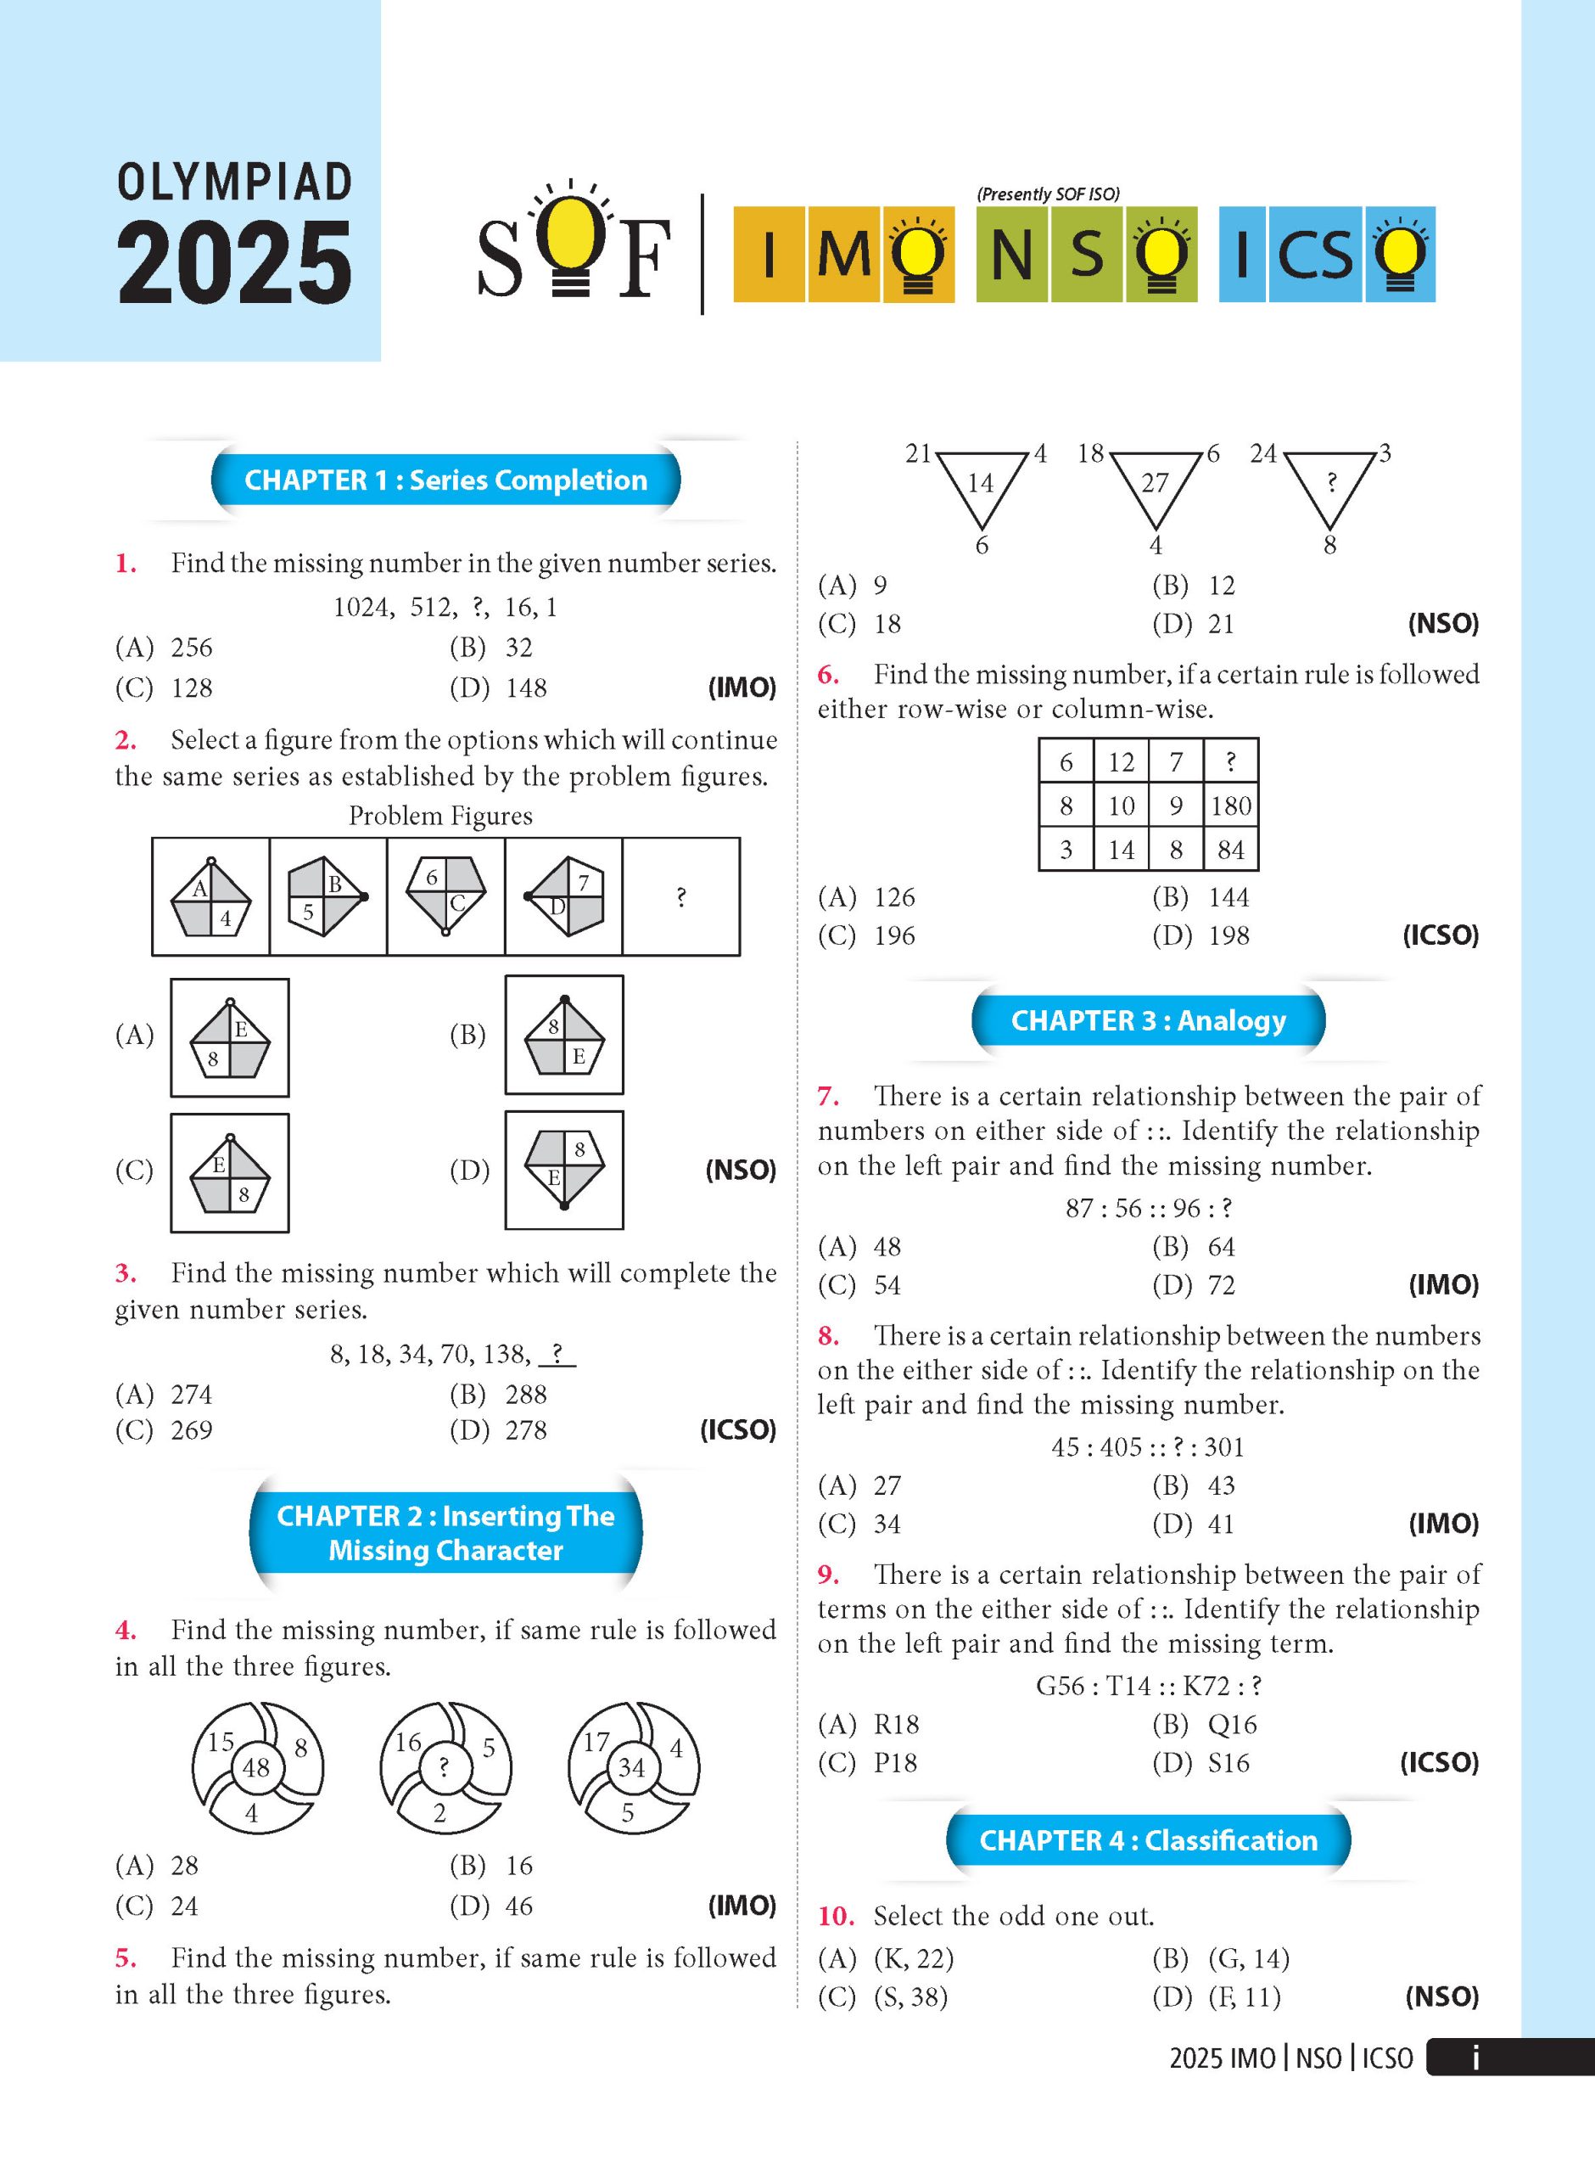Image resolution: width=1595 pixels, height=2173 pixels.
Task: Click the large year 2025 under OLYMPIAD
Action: point(235,261)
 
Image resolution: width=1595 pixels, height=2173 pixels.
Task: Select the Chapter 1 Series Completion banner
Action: point(445,480)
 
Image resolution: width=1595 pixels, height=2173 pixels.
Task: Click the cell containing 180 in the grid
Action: point(1231,806)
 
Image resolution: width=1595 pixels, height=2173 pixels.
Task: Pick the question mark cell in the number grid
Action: point(1231,761)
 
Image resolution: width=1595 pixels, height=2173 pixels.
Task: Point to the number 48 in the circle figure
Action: point(256,1768)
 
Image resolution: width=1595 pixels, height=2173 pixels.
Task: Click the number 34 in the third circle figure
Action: point(631,1768)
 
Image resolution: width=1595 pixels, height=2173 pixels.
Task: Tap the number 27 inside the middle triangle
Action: point(1155,483)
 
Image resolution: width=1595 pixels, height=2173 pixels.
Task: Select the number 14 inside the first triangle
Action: point(980,483)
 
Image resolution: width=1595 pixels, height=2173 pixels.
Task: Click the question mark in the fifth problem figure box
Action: point(680,897)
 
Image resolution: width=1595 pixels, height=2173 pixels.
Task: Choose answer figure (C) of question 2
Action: point(230,1172)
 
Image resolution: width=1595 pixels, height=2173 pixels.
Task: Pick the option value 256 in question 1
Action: point(191,648)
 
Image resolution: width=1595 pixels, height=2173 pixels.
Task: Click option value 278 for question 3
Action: point(525,1430)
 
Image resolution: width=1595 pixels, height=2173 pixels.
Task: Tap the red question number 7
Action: point(827,1096)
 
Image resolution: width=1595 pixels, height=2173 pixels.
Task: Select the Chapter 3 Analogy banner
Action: point(1148,1021)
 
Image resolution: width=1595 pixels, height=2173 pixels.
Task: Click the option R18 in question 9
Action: point(896,1724)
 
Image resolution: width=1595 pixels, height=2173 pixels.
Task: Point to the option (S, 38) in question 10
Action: point(910,1996)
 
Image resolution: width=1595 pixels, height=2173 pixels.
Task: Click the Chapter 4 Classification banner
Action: point(1148,1839)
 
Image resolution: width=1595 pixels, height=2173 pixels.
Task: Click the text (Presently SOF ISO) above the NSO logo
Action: point(1048,194)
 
